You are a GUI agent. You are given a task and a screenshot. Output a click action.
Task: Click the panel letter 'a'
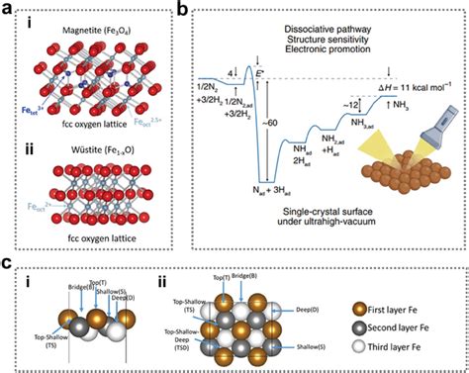[x=8, y=9]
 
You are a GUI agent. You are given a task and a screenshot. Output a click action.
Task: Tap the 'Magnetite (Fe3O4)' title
[x=95, y=30]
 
